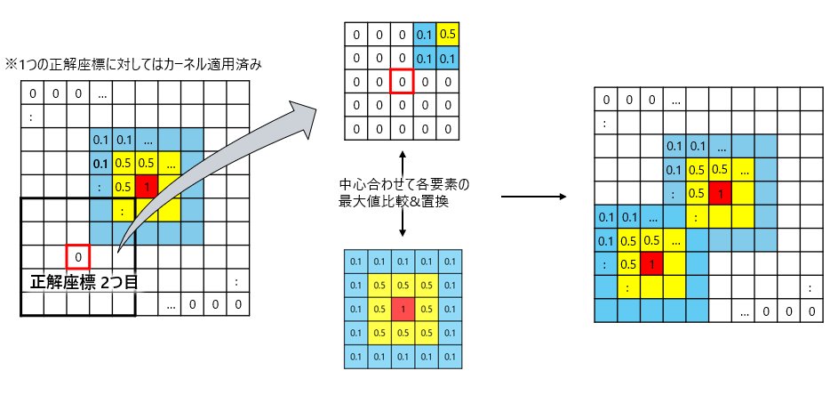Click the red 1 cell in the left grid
tap(146, 186)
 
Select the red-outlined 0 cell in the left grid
tap(78, 256)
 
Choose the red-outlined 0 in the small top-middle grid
tap(402, 82)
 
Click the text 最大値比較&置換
tap(403, 201)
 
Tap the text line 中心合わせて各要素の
tap(403, 185)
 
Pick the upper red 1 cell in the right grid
tap(721, 193)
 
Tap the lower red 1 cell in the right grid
tap(651, 263)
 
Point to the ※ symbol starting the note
tap(12, 64)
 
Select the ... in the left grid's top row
tap(101, 93)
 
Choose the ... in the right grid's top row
tap(674, 101)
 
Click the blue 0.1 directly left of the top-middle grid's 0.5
tap(424, 35)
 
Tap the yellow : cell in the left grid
tap(123, 210)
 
